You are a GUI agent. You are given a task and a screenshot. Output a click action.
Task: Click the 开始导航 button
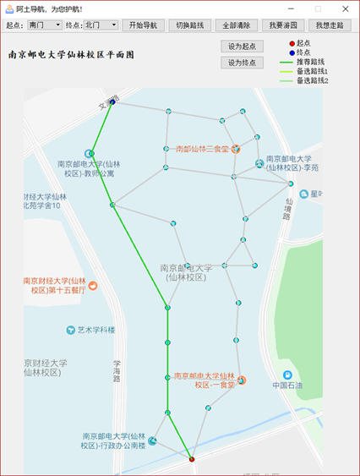pos(145,25)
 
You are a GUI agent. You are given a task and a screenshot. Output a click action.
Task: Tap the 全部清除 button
pos(237,25)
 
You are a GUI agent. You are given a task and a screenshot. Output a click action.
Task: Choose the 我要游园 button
pos(282,25)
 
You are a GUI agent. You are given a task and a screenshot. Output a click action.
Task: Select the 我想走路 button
pos(329,25)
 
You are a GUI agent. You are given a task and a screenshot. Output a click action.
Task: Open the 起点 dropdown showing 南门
pos(45,25)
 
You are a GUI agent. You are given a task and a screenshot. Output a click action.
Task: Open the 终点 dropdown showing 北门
pos(101,25)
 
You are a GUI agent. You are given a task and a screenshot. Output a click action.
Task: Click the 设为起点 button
pos(242,47)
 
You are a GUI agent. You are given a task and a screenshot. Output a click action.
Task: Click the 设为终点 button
pos(242,63)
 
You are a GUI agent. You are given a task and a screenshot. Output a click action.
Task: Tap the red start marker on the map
pos(192,459)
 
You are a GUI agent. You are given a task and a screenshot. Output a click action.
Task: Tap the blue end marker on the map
pos(112,103)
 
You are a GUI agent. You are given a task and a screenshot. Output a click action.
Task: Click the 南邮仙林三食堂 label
pos(203,149)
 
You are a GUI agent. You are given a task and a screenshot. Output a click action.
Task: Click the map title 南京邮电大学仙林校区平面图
pos(71,54)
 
